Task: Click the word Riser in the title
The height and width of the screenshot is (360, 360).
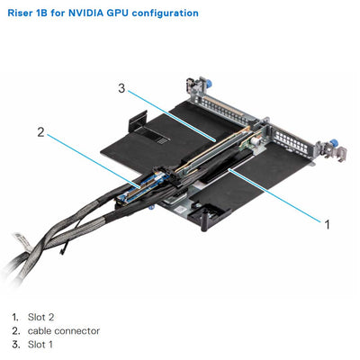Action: coord(21,13)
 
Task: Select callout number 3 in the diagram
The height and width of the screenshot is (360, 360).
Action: coord(120,88)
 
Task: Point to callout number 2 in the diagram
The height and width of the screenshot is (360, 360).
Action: coord(40,132)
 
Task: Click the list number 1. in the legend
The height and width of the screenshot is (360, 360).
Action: coord(15,318)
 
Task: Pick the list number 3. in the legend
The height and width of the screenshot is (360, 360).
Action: coord(15,345)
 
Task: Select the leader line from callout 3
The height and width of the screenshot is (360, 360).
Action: coord(171,114)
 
